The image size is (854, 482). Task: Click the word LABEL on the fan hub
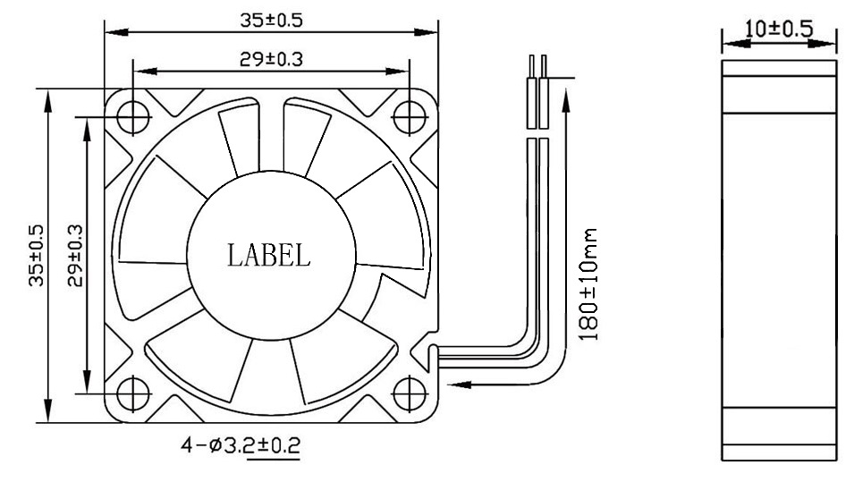(268, 256)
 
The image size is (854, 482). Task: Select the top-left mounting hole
(132, 115)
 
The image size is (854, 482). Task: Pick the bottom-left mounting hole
(132, 392)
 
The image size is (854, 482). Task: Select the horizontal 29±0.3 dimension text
(271, 59)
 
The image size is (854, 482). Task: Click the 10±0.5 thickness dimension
(779, 29)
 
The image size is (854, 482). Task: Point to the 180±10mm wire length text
(591, 283)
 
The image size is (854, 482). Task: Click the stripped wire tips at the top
(537, 66)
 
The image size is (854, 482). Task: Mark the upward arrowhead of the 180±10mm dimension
(565, 95)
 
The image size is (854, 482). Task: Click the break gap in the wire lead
(537, 131)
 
